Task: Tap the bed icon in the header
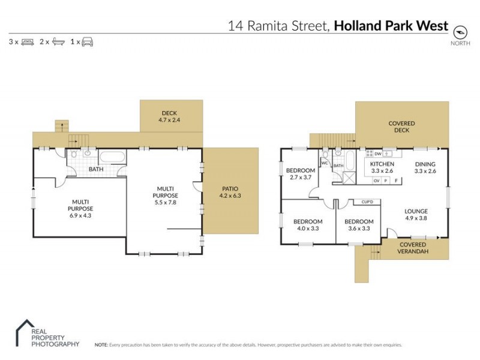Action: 27,42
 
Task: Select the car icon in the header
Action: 87,42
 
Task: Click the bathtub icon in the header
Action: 58,42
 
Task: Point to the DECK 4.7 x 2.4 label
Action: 169,116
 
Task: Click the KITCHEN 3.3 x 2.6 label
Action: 382,167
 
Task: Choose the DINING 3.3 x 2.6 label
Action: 425,167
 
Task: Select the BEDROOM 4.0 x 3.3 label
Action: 308,224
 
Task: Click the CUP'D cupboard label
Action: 367,202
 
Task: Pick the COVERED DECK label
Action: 401,127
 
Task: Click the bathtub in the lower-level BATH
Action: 112,158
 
